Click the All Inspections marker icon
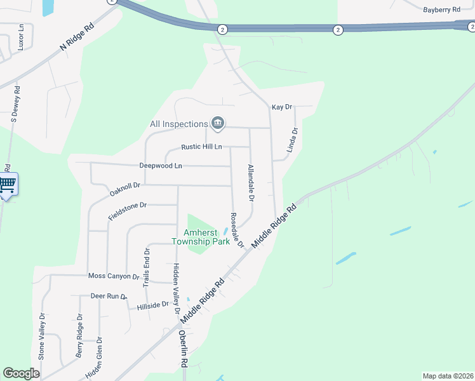click(218, 123)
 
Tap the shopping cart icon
click(7, 185)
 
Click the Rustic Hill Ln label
click(201, 147)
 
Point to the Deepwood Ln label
click(161, 166)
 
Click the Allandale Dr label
click(251, 182)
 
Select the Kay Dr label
click(281, 107)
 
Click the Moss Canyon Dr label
click(114, 276)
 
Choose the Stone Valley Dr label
click(42, 337)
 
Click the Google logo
click(21, 373)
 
